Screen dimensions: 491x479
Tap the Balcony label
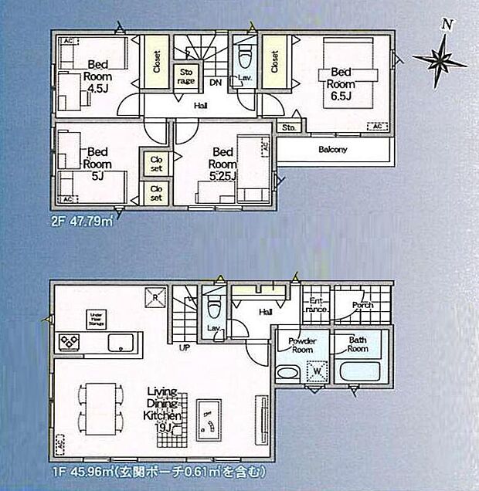(x=332, y=150)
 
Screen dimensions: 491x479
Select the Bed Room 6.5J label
(x=341, y=83)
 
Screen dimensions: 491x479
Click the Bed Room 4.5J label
(x=97, y=76)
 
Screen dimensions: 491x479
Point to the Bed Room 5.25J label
(x=223, y=164)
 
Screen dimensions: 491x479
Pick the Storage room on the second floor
(x=186, y=76)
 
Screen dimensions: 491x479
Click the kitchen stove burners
(x=67, y=342)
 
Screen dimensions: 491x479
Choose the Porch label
(x=362, y=306)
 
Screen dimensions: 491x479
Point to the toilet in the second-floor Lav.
(x=246, y=59)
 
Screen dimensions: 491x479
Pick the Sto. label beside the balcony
(x=289, y=127)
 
